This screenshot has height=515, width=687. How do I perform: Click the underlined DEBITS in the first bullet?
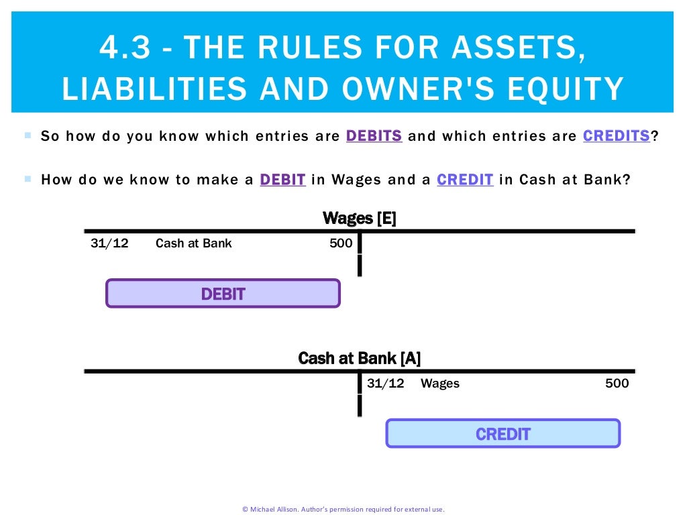click(x=374, y=136)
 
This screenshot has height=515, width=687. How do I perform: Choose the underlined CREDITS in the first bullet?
click(x=616, y=136)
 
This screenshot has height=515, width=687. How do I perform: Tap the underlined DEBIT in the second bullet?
click(x=282, y=180)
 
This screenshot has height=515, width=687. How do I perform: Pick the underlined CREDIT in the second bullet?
click(x=465, y=180)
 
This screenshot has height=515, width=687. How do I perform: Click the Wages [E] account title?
click(x=359, y=218)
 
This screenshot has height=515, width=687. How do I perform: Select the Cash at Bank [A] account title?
click(x=359, y=358)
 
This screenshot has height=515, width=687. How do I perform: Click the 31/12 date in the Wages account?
click(x=109, y=243)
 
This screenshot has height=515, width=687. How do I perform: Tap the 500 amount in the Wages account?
click(x=341, y=243)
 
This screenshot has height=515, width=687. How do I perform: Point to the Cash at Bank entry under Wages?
click(x=193, y=243)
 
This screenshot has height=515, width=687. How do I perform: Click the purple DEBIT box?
click(x=223, y=294)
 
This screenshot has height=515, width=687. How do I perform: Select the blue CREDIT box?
click(x=503, y=434)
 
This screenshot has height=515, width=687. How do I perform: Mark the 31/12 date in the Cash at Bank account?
click(x=386, y=384)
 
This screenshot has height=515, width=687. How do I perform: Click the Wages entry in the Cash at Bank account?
click(x=439, y=384)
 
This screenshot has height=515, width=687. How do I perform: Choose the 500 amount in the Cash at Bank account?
click(x=617, y=384)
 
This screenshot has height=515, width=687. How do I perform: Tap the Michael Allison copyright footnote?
click(x=343, y=509)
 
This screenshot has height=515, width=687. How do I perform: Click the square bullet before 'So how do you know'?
click(x=28, y=135)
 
